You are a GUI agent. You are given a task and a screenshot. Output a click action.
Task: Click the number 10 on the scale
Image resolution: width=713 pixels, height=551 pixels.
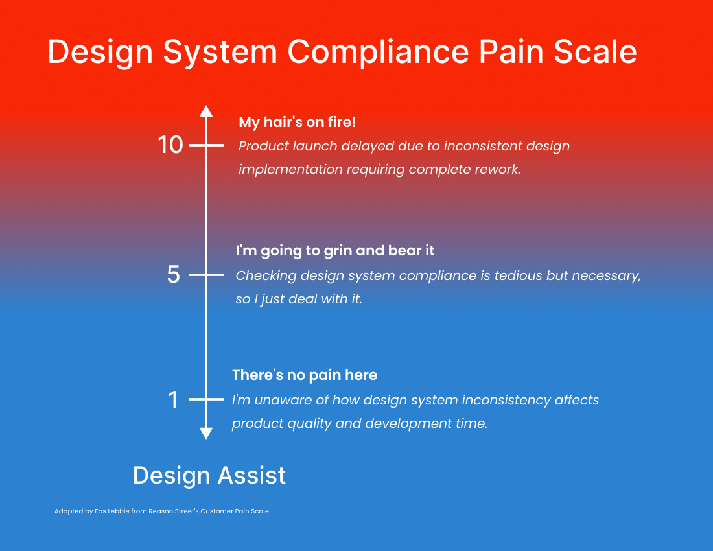point(170,145)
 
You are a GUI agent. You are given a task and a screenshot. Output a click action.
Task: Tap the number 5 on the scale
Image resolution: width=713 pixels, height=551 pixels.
point(173,275)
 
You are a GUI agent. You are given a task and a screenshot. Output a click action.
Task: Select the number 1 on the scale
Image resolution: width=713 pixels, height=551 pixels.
point(173,400)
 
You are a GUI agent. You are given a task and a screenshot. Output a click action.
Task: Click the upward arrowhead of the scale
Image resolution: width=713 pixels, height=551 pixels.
point(206,111)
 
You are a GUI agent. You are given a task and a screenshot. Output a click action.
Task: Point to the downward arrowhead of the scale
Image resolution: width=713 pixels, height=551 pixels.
point(206,433)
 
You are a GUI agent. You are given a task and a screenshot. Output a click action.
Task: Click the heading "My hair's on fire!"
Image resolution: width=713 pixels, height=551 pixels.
point(298,122)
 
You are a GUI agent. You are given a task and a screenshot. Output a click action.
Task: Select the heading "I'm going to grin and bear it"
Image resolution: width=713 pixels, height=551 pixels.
point(335,250)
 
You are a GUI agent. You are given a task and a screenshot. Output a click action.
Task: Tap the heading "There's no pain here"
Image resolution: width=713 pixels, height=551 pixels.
point(305,375)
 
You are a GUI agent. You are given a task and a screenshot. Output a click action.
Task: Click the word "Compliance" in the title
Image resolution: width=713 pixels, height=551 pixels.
point(378,52)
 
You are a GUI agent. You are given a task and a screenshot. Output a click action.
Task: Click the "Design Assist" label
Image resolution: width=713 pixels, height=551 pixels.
point(209,476)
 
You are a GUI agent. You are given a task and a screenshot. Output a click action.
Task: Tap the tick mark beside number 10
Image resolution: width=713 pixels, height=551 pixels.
point(206,145)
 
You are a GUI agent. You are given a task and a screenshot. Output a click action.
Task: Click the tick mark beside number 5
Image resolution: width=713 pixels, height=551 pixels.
point(206,275)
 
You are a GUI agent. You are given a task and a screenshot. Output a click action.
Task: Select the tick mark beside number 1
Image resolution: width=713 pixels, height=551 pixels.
point(206,399)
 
